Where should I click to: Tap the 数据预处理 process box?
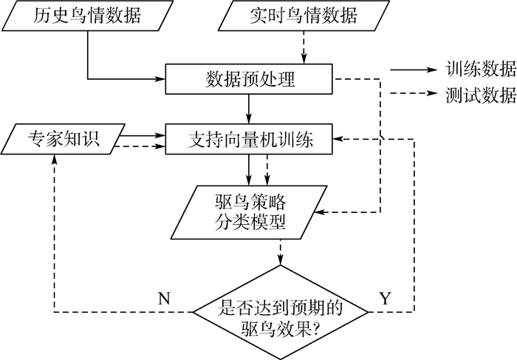[249, 78]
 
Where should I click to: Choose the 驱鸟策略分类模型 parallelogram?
[249, 210]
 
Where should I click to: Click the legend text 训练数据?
[480, 69]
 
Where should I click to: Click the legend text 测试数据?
[480, 96]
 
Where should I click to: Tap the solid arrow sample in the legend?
[414, 69]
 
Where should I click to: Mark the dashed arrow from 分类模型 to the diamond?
[281, 251]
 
